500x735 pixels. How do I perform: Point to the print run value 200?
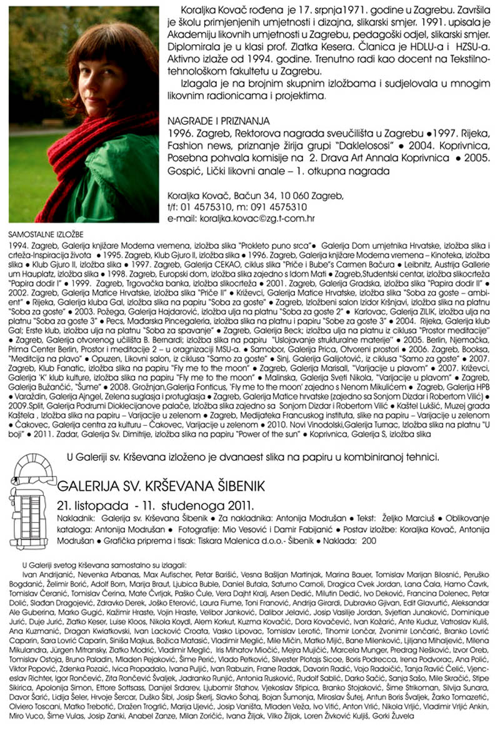(368, 541)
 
